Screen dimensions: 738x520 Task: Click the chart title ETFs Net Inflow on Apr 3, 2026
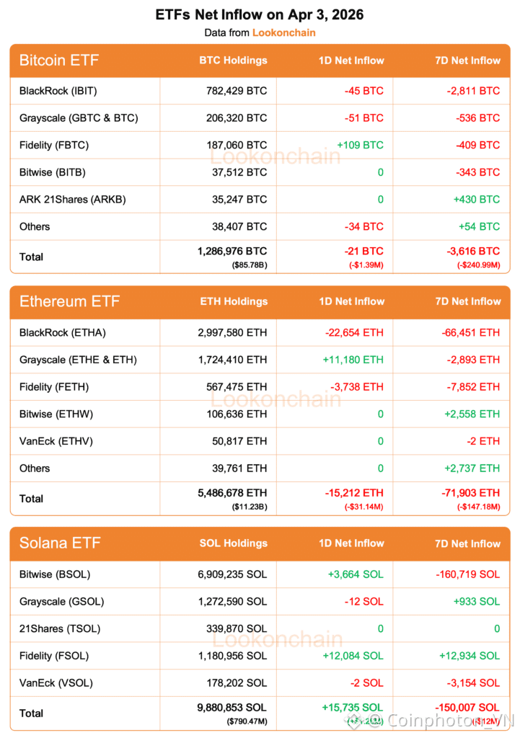(260, 15)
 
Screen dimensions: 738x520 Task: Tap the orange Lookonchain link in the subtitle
(283, 32)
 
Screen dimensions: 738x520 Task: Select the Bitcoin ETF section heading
(59, 61)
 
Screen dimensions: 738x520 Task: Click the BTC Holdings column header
(233, 61)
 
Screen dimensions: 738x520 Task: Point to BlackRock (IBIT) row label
(58, 91)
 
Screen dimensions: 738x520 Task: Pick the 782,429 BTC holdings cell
(237, 91)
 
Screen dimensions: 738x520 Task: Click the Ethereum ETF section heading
(69, 301)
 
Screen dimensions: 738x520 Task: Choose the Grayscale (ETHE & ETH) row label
(78, 360)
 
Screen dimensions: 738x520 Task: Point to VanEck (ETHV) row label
(56, 441)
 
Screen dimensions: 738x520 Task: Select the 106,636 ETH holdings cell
(237, 414)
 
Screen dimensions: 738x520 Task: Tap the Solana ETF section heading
(60, 543)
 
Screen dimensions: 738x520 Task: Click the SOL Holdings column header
(233, 543)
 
